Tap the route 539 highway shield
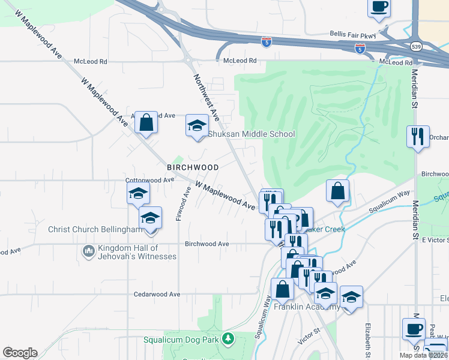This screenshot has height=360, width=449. (415, 46)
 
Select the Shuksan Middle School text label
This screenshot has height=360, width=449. (252, 134)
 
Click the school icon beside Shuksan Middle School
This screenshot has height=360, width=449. (196, 125)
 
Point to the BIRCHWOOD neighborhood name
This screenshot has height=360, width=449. (193, 166)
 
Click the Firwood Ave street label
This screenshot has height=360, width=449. (179, 203)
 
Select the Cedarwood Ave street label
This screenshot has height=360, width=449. (157, 295)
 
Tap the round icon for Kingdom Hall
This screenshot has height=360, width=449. (89, 250)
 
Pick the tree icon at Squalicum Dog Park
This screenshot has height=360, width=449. (228, 340)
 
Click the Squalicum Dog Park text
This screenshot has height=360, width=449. (182, 340)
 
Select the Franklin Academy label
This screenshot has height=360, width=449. (306, 307)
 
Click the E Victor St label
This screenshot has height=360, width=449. (435, 240)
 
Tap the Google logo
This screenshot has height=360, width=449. (20, 352)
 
